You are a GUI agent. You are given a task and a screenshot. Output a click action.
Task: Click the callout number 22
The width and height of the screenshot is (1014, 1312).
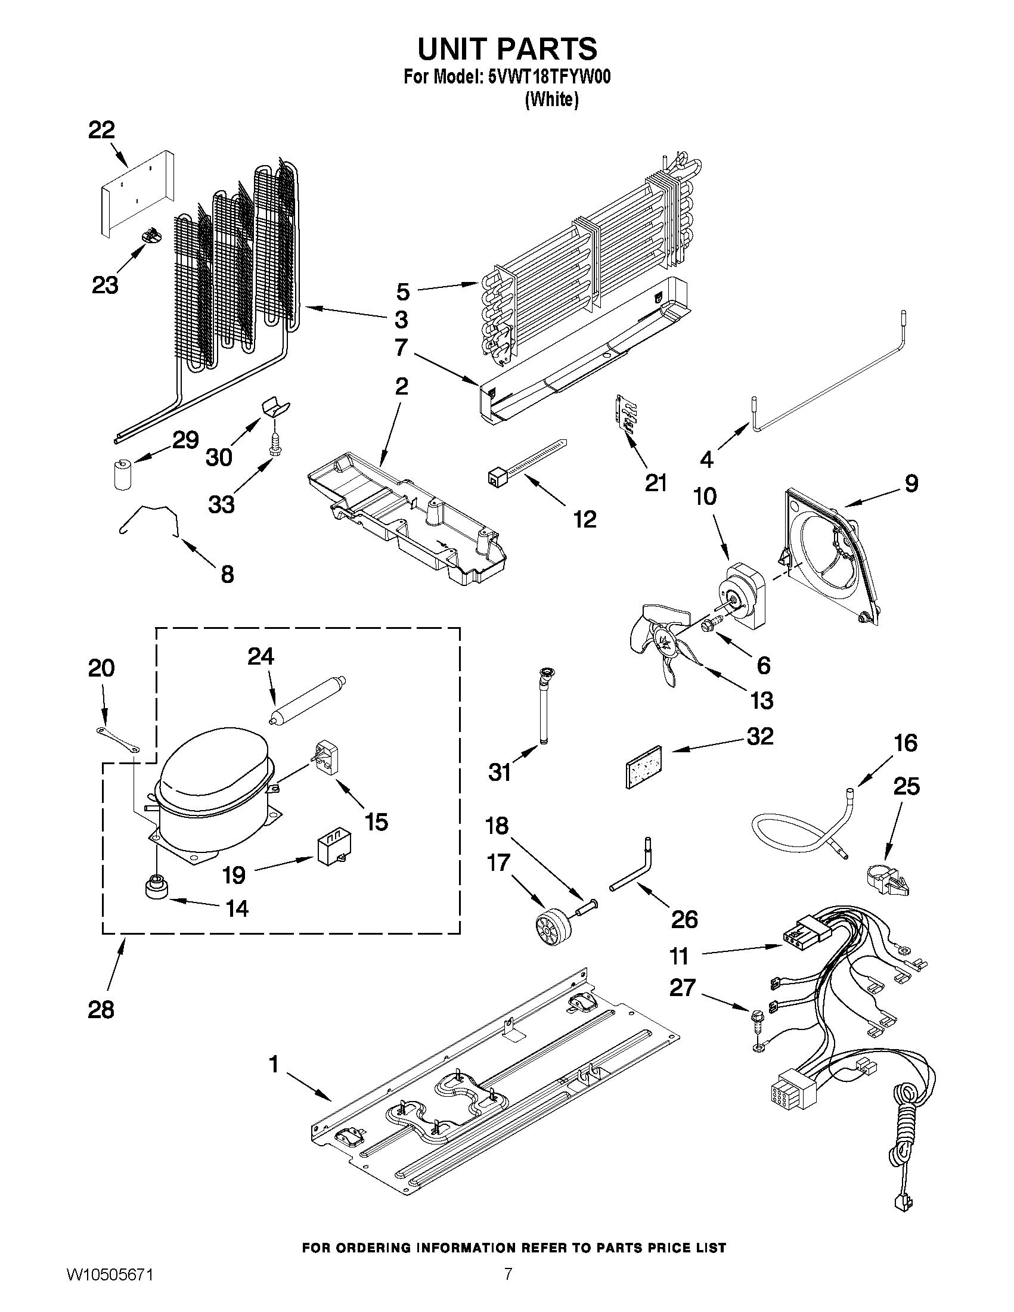click(101, 130)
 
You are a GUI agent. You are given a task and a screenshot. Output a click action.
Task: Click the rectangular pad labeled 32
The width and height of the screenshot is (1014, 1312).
click(643, 767)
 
